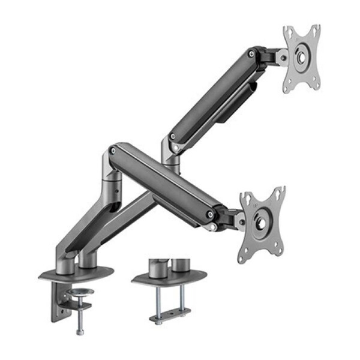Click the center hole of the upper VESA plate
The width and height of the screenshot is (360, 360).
point(301,59)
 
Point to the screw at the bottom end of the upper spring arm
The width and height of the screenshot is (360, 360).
point(173,137)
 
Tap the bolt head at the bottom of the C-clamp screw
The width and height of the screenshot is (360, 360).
point(80,331)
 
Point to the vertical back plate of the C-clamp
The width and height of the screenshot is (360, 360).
point(59,300)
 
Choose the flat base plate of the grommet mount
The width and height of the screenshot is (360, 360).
point(170,277)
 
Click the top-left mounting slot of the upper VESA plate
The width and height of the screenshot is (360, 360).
point(290,32)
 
